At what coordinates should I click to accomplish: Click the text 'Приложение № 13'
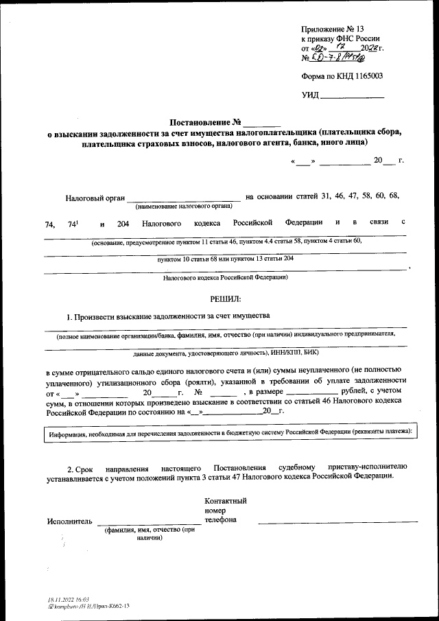click(x=332, y=29)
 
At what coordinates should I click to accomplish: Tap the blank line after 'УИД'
click(x=353, y=95)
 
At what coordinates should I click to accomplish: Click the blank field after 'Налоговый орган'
click(x=183, y=198)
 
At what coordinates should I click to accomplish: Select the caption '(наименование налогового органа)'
click(x=183, y=206)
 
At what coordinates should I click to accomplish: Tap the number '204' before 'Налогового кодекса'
click(x=123, y=224)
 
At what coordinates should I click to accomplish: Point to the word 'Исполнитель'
click(x=69, y=521)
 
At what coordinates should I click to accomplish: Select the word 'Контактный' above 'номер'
click(x=225, y=501)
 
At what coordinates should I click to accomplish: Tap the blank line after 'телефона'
click(x=337, y=522)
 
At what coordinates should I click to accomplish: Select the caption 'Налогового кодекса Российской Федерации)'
click(x=226, y=277)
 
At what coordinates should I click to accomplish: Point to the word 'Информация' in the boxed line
click(x=67, y=433)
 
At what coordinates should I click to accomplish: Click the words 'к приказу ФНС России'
click(x=340, y=39)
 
